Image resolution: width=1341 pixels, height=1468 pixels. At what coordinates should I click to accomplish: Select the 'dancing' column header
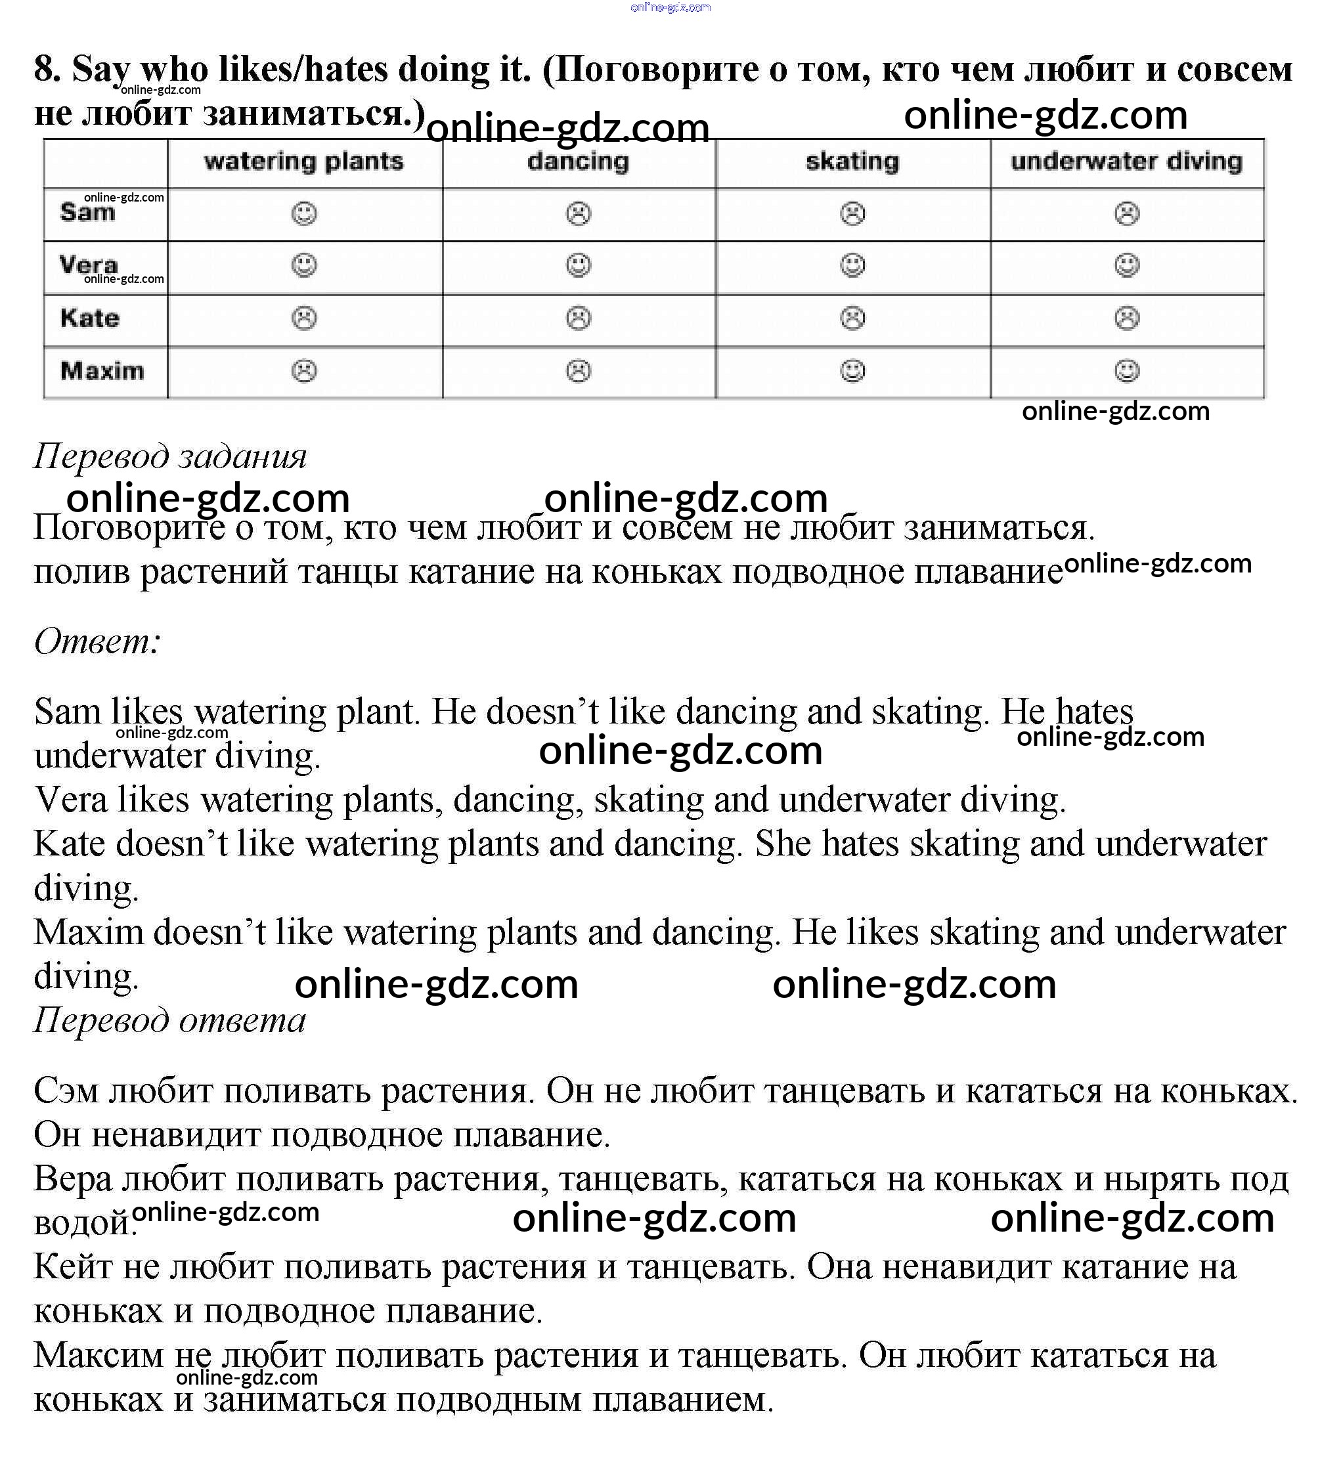pos(578,161)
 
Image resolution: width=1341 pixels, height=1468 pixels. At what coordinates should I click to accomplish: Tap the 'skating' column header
pos(852,161)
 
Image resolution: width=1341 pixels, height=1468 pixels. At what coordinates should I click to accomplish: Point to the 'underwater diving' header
pos(1126,161)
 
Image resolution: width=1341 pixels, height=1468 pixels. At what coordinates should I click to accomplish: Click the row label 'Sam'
pos(87,213)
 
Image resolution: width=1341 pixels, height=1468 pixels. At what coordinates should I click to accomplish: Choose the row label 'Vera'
pos(88,265)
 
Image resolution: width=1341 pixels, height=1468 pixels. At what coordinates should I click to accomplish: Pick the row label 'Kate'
pos(89,318)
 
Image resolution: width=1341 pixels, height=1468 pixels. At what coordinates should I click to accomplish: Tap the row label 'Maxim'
pos(102,371)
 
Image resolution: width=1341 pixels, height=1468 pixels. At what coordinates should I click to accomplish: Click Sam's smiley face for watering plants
pos(304,213)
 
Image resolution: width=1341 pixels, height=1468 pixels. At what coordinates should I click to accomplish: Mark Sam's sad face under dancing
pos(579,213)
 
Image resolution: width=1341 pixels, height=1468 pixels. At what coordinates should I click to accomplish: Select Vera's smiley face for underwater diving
pos(1127,265)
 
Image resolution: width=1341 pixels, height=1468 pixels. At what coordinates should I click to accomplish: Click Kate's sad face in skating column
pos(852,318)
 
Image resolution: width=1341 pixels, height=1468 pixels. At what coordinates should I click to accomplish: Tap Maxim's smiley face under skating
pos(852,371)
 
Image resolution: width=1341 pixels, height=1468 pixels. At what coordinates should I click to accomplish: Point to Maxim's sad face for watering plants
pos(304,371)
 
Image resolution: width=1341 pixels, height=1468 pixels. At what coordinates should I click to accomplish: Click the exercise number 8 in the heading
pos(46,70)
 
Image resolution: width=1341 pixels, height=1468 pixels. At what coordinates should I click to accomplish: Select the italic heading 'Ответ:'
pos(97,641)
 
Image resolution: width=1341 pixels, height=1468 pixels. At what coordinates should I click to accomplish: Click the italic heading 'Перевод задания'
pos(169,456)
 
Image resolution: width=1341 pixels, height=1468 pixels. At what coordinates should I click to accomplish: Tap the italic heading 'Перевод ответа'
pos(169,1020)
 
